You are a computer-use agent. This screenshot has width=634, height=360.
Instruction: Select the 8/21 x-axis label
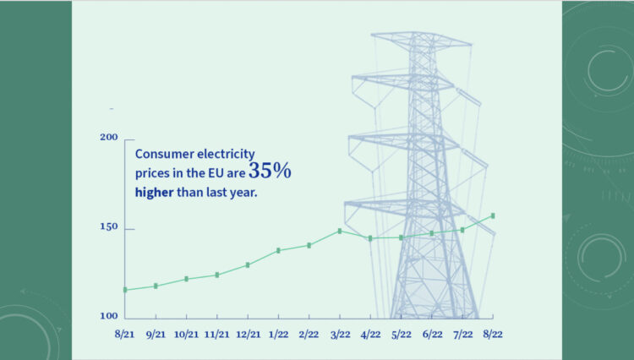pyautogui.click(x=124, y=335)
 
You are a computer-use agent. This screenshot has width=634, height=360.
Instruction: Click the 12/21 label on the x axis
pyautogui.click(x=247, y=335)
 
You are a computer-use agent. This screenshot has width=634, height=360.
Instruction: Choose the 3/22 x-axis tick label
pyautogui.click(x=340, y=335)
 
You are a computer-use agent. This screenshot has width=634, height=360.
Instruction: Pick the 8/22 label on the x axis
pyautogui.click(x=493, y=335)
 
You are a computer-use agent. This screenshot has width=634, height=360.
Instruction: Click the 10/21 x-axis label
pyautogui.click(x=186, y=335)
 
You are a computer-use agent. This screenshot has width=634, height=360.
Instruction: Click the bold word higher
pyautogui.click(x=154, y=191)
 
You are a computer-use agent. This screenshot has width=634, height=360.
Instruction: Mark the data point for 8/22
pyautogui.click(x=493, y=216)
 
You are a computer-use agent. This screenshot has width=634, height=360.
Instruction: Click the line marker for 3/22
pyautogui.click(x=340, y=231)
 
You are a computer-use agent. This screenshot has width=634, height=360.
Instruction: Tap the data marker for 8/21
pyautogui.click(x=125, y=290)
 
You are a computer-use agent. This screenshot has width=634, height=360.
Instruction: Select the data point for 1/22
pyautogui.click(x=278, y=250)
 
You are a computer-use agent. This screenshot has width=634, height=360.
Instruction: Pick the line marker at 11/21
pyautogui.click(x=217, y=275)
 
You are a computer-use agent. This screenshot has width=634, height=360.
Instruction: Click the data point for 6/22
pyautogui.click(x=432, y=233)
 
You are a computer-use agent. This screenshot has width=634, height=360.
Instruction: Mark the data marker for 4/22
pyautogui.click(x=370, y=238)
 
